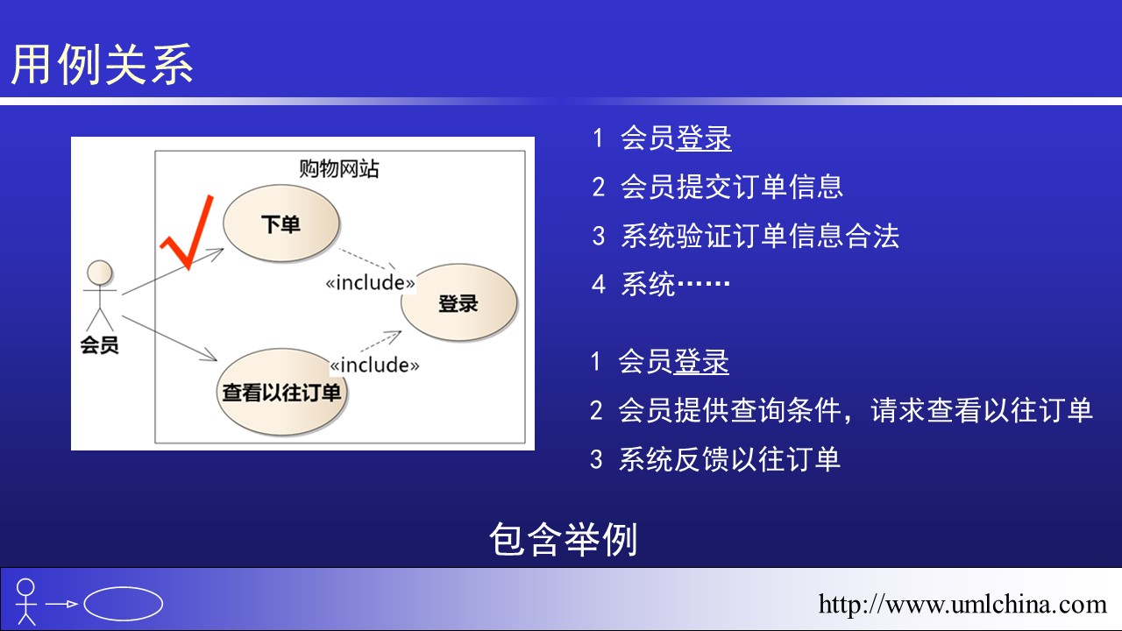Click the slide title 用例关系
(x=103, y=64)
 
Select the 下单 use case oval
(x=281, y=223)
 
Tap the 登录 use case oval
(x=458, y=303)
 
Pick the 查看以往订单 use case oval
(x=281, y=392)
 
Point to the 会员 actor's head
(x=100, y=273)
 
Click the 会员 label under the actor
(x=99, y=344)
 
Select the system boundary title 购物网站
(x=339, y=169)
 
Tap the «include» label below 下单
(x=370, y=282)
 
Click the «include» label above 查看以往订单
(x=374, y=365)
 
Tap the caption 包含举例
(x=564, y=539)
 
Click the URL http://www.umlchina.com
(x=962, y=604)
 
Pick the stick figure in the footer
(x=26, y=602)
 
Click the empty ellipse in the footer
(x=124, y=604)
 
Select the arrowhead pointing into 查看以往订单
(x=210, y=356)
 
